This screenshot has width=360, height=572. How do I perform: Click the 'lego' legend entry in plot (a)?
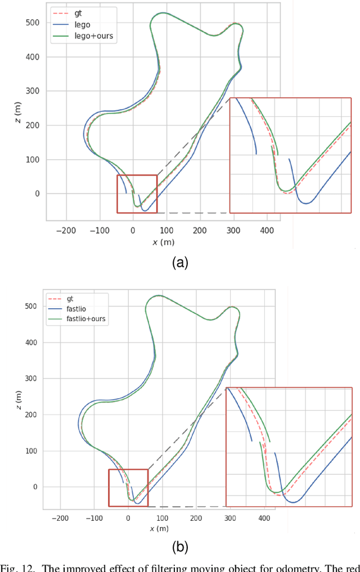click(x=82, y=25)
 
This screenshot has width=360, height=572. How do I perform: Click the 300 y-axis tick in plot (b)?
click(x=31, y=379)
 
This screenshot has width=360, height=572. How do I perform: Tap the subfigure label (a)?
click(x=179, y=262)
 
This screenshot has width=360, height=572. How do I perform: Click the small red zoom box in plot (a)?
click(x=137, y=194)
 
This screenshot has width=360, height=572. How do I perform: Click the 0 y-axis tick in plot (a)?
click(x=38, y=194)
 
